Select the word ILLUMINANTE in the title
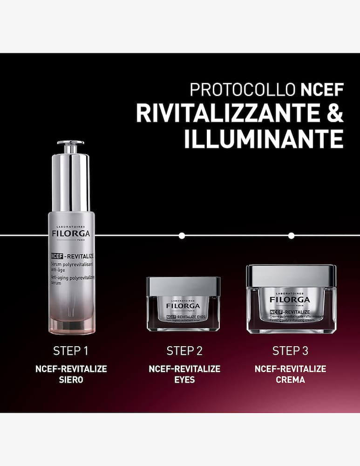tap(264, 139)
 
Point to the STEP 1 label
tap(71, 351)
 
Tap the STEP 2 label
tap(184, 351)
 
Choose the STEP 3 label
tap(290, 351)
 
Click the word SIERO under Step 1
tap(71, 380)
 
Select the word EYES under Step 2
tap(184, 380)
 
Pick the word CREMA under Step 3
tap(290, 380)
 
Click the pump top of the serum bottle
tap(70, 148)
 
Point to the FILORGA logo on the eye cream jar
tap(183, 306)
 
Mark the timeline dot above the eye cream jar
tap(182, 235)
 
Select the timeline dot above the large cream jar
tap(291, 235)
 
